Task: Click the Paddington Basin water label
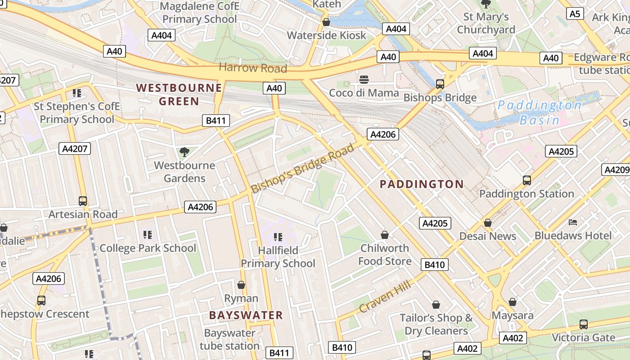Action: click(x=539, y=112)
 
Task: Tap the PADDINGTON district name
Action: click(x=422, y=184)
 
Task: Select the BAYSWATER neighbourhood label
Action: click(x=246, y=315)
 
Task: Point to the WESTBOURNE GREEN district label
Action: click(x=179, y=94)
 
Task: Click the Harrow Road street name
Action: click(x=252, y=68)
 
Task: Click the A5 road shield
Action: click(x=575, y=13)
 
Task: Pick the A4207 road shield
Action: click(x=75, y=148)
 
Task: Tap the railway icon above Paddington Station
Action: click(x=526, y=180)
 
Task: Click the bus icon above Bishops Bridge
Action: click(x=440, y=84)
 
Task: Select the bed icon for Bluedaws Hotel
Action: click(x=573, y=222)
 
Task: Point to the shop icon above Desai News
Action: click(x=487, y=223)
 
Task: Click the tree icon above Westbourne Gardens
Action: click(x=184, y=152)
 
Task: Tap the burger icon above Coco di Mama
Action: click(x=364, y=80)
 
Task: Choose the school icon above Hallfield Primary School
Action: click(x=278, y=237)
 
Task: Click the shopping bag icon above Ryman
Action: click(x=241, y=285)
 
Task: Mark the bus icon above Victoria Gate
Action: click(x=583, y=324)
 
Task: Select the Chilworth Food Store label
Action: click(x=385, y=255)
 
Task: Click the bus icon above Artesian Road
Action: click(x=83, y=201)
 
